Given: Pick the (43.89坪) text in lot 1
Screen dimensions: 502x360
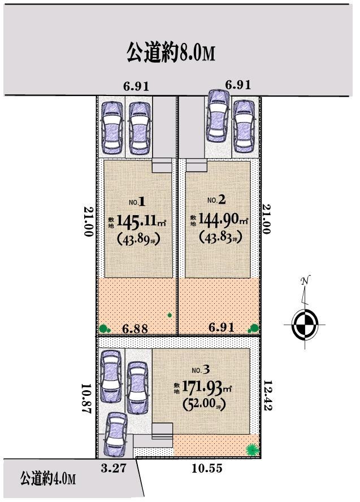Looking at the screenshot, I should pos(138,239).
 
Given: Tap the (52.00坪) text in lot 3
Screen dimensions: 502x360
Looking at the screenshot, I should pos(203,405).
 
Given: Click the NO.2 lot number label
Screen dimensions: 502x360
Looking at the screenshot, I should pos(216,200).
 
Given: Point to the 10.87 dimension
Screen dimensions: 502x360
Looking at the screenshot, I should pos(86,400).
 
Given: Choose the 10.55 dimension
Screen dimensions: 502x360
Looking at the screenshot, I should pos(201,468).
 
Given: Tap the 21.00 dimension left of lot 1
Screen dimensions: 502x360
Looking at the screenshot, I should pos(88,221).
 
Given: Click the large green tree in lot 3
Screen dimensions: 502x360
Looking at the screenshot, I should pos(252,449).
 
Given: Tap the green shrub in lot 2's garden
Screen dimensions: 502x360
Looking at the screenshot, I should pos(254,328).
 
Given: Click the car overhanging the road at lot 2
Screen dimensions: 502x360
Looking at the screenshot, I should pos(218,114).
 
